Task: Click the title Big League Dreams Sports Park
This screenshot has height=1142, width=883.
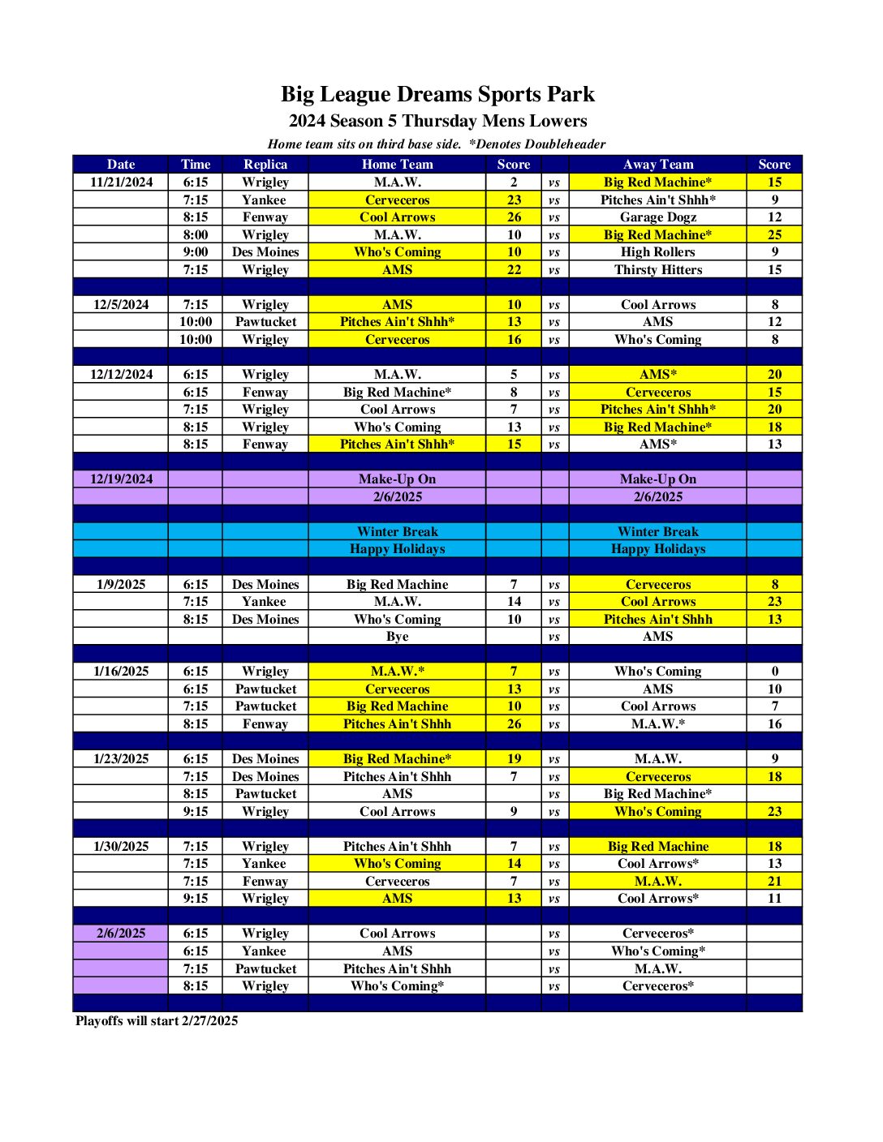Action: pyautogui.click(x=437, y=94)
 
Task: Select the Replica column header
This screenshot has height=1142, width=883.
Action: pyautogui.click(x=265, y=164)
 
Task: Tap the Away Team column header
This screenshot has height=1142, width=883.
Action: pyautogui.click(x=657, y=164)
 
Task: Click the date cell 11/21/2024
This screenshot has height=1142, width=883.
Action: pyautogui.click(x=121, y=182)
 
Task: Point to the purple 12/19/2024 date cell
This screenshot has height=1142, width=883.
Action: pyautogui.click(x=121, y=479)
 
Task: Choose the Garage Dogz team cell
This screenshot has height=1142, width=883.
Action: pyautogui.click(x=657, y=217)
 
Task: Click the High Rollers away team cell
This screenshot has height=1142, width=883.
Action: pyautogui.click(x=657, y=251)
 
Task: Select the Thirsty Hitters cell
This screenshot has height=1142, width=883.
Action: pyautogui.click(x=657, y=269)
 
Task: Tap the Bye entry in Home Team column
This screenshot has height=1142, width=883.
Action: pyautogui.click(x=397, y=636)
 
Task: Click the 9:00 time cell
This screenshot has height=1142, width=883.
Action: pyautogui.click(x=196, y=251)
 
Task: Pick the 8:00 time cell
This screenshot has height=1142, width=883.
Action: pyautogui.click(x=196, y=234)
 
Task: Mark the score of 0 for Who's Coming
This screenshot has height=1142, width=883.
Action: pyautogui.click(x=774, y=671)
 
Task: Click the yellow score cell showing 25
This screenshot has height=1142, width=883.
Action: pyautogui.click(x=774, y=234)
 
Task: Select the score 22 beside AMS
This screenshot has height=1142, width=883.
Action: pyautogui.click(x=514, y=269)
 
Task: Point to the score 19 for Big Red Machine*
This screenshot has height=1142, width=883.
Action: pyautogui.click(x=514, y=758)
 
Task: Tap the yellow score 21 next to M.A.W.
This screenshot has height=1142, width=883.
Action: pyautogui.click(x=774, y=881)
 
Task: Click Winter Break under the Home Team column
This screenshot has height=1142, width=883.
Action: pyautogui.click(x=397, y=531)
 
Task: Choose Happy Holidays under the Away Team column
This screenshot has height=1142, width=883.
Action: pyautogui.click(x=657, y=548)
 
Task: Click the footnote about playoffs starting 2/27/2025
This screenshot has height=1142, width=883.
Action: pyautogui.click(x=157, y=1020)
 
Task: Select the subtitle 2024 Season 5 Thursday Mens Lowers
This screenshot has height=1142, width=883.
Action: pyautogui.click(x=437, y=121)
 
